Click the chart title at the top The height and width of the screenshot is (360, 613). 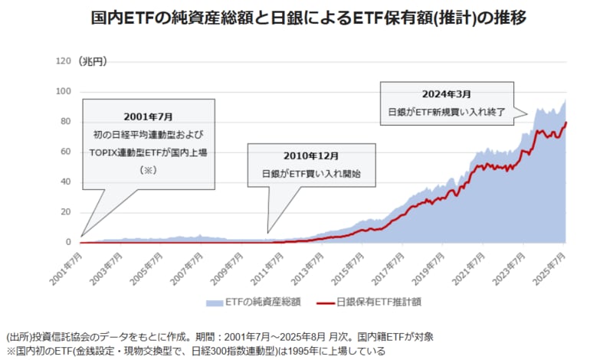pos(306,16)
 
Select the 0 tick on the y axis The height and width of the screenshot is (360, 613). pos(68,242)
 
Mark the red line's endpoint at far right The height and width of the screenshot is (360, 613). pos(566,123)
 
